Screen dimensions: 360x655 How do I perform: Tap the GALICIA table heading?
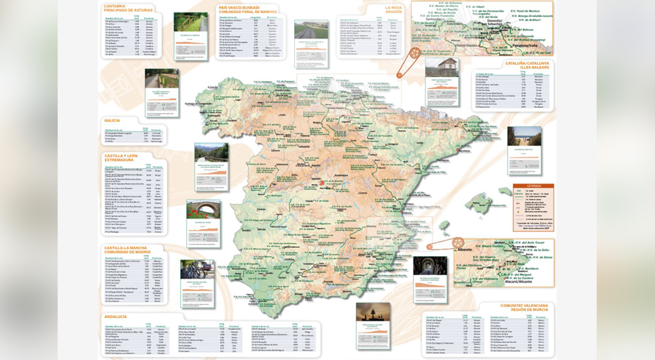click(111, 120)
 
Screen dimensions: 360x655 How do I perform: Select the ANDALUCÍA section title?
click(116, 315)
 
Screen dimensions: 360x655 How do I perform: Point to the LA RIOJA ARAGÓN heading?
click(392, 10)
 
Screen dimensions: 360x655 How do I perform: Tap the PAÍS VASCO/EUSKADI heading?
click(244, 8)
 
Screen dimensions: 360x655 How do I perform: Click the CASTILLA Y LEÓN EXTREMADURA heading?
click(121, 158)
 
